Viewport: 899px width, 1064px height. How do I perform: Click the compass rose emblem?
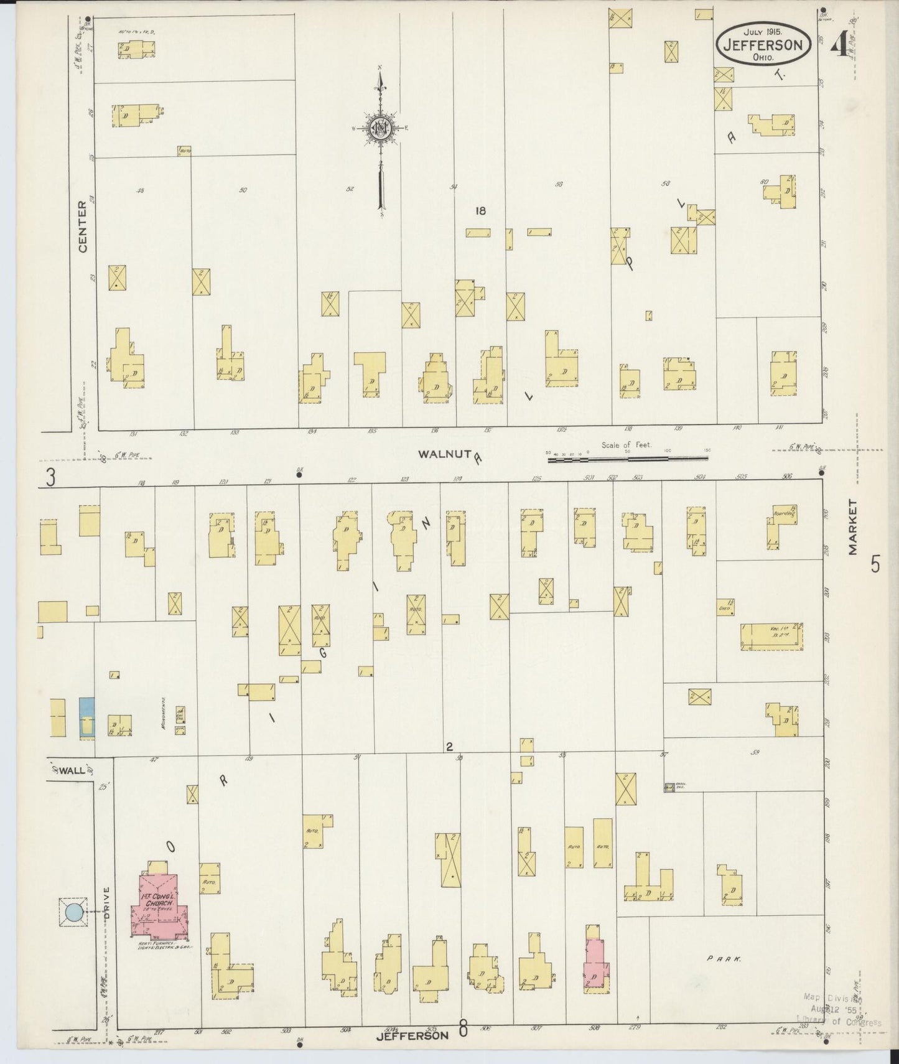[x=379, y=129]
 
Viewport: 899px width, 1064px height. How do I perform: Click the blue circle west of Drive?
[x=73, y=912]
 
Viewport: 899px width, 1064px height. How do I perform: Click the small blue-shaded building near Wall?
[x=87, y=719]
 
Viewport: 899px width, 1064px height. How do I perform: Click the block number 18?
[x=480, y=211]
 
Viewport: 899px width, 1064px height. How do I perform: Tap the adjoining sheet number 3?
[x=50, y=478]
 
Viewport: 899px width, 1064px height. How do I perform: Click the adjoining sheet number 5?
[x=875, y=564]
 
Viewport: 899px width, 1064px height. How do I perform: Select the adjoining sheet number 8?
[x=463, y=1029]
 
